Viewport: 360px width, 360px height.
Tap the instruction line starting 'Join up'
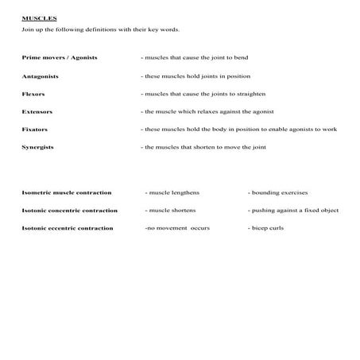[101, 30]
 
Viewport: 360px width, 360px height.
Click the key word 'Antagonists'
[41, 76]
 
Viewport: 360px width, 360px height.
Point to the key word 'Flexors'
[34, 94]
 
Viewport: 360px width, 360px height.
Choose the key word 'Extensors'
[38, 111]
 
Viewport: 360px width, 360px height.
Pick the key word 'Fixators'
[36, 129]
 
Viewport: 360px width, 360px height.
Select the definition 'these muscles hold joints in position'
[195, 76]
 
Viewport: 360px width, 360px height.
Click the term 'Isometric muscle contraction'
[66, 192]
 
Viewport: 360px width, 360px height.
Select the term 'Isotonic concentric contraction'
[69, 211]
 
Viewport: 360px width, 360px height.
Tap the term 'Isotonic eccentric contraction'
[68, 228]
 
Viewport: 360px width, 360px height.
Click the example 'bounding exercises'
[278, 192]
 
